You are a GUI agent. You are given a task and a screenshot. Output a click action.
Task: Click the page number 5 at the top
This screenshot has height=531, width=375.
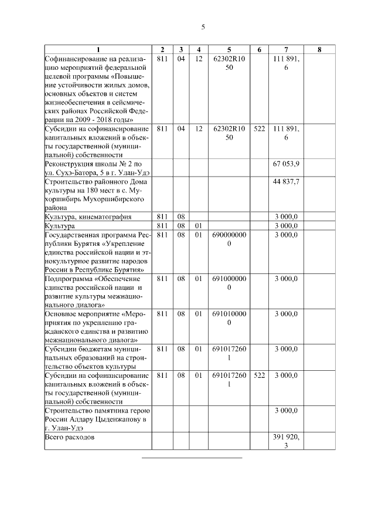tap(203, 27)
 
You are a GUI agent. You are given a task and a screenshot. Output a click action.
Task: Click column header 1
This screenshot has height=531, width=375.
tap(98, 50)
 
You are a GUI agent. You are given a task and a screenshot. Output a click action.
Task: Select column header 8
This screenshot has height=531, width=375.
tap(319, 50)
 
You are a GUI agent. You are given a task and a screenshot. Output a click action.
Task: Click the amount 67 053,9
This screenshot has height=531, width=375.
tap(286, 163)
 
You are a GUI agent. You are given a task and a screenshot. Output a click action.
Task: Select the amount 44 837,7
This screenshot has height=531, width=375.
tap(286, 182)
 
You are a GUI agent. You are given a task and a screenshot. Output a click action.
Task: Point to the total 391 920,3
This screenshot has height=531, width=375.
tap(286, 442)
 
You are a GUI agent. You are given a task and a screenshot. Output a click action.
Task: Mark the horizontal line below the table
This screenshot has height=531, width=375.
tap(192, 457)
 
